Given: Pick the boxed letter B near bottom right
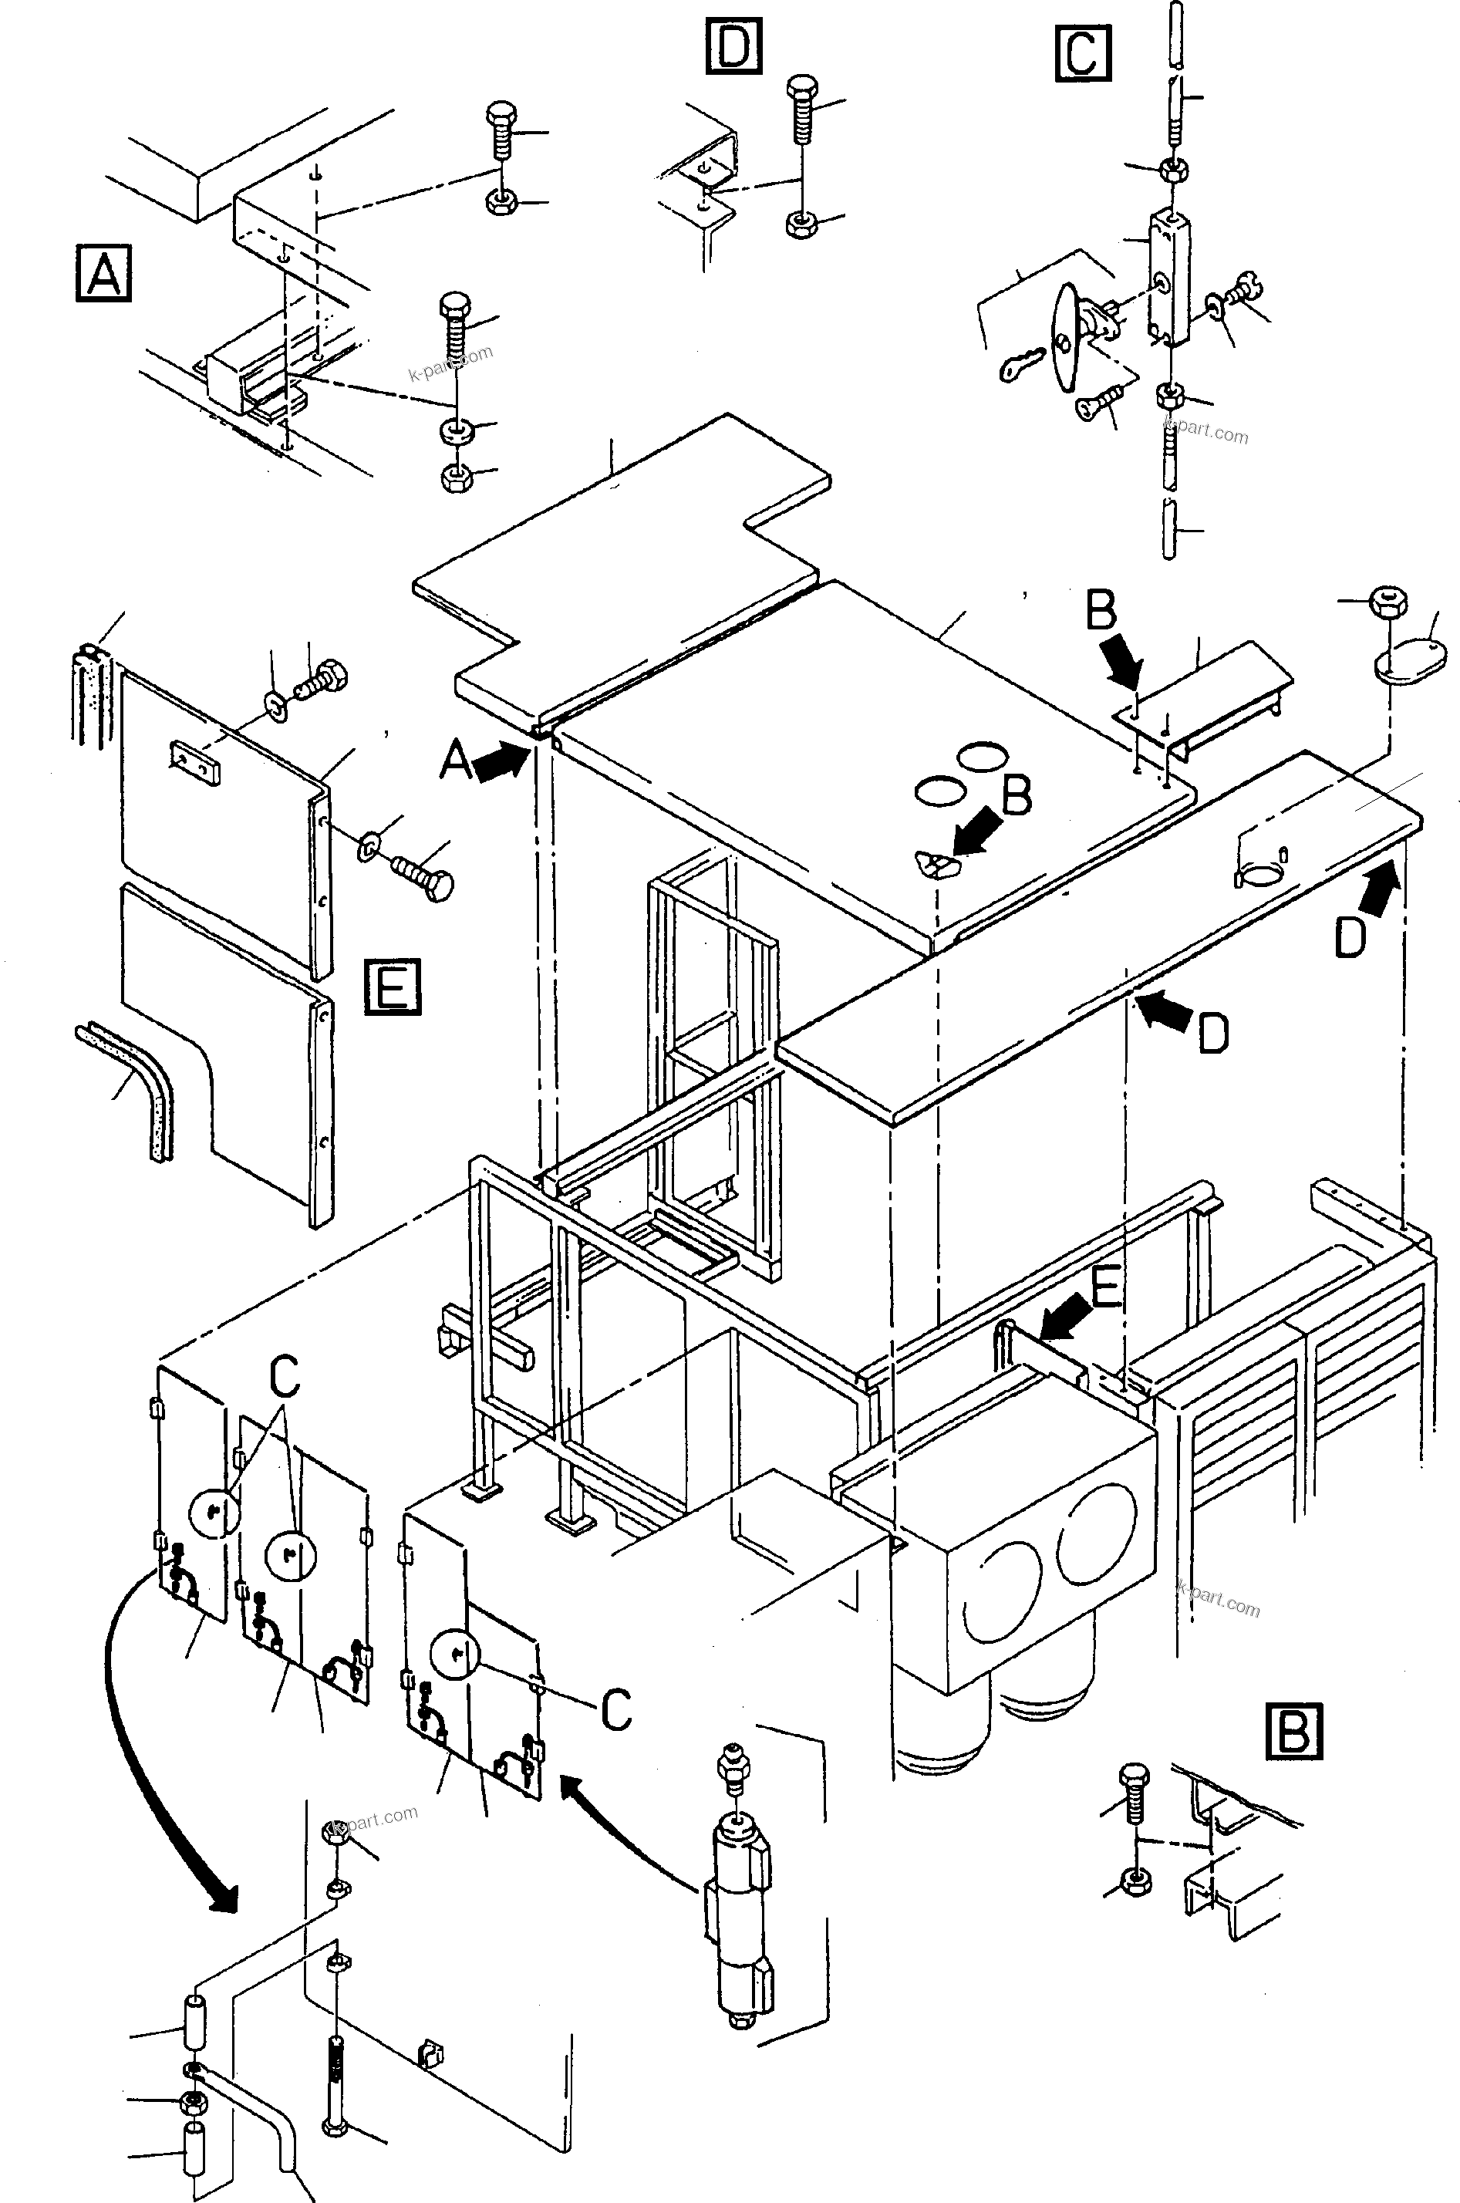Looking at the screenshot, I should tap(1293, 1731).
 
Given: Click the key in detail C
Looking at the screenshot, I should tap(1021, 365).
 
